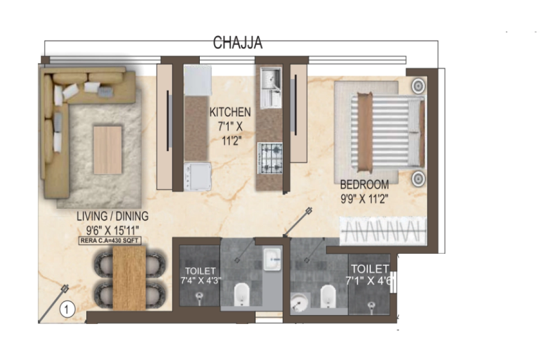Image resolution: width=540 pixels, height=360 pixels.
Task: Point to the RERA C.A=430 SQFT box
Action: tap(110, 241)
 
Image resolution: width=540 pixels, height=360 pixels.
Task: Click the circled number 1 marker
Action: tap(67, 309)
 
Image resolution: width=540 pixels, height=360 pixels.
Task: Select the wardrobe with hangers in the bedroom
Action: tap(382, 231)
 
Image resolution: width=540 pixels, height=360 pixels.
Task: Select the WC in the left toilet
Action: tap(242, 295)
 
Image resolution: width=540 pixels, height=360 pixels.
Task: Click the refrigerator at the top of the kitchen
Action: tap(198, 80)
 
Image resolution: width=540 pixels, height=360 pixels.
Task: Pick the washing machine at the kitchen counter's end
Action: tap(198, 176)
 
